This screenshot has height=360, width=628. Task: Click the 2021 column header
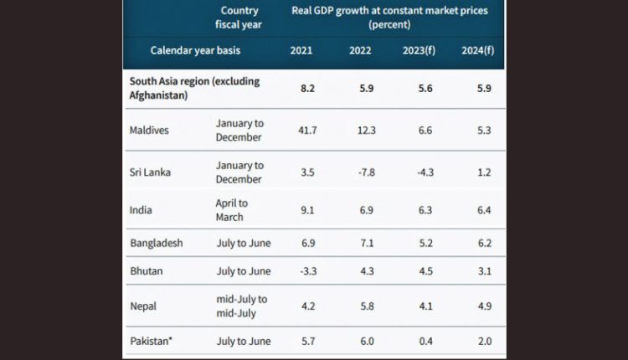302,51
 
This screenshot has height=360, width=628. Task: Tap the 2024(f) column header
477,51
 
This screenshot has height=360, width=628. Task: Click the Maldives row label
150,131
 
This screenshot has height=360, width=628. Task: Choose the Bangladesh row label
157,243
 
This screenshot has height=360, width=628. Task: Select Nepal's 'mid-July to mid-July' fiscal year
241,305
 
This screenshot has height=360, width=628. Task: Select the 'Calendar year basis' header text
195,51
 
